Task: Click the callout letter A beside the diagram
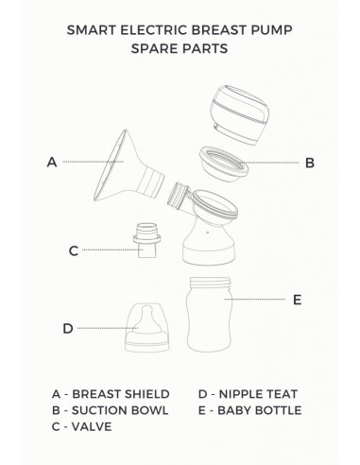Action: (52, 162)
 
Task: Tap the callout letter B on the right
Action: (309, 163)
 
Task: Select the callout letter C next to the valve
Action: (73, 250)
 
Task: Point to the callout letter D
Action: (67, 328)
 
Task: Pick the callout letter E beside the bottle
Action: (297, 300)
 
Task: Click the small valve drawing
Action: (145, 241)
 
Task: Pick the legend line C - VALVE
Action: (83, 425)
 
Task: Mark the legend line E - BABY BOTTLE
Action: (249, 409)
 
